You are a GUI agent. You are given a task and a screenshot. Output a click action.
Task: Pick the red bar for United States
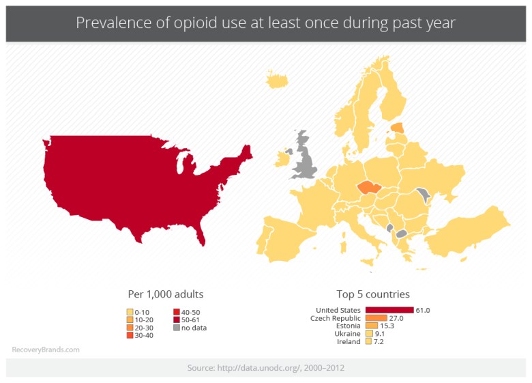click(x=389, y=310)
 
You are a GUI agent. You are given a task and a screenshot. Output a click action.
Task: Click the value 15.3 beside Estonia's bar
click(x=387, y=326)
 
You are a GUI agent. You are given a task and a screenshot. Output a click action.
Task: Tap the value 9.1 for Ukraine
click(x=381, y=334)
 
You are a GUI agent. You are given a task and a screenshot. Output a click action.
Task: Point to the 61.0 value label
click(x=423, y=310)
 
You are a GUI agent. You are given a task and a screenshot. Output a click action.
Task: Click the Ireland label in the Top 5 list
click(x=349, y=341)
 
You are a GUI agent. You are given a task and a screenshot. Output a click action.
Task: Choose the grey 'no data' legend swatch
click(x=177, y=328)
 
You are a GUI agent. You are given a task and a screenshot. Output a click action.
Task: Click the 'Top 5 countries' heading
click(x=373, y=294)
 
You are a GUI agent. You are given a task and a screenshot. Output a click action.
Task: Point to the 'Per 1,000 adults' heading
click(x=166, y=294)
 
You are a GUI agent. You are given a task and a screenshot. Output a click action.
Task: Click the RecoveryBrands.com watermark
click(x=46, y=350)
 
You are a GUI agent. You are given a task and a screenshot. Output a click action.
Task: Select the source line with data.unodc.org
click(x=265, y=368)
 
